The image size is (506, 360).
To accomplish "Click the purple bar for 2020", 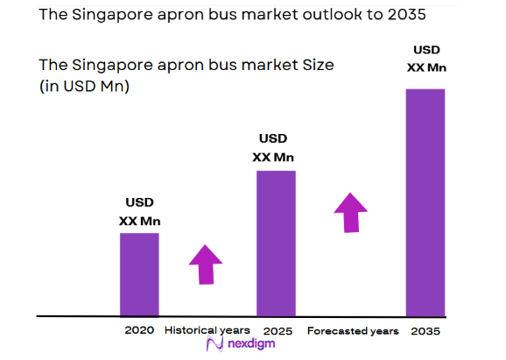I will [139, 273].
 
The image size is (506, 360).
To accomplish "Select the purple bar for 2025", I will [276, 243].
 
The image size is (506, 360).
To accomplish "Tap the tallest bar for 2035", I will [425, 201].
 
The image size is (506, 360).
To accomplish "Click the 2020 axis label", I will [139, 330].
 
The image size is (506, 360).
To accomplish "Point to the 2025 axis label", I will [276, 330].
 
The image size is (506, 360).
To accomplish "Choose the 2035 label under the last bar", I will [425, 330].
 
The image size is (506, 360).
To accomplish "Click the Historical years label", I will [207, 330].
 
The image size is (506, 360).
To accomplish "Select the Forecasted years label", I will [353, 330].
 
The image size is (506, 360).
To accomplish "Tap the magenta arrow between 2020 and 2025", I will [206, 265].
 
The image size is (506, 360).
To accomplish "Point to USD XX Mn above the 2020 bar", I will [139, 211].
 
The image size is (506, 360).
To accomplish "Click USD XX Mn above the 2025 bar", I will [273, 148].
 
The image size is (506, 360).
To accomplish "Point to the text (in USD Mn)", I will [84, 86].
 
